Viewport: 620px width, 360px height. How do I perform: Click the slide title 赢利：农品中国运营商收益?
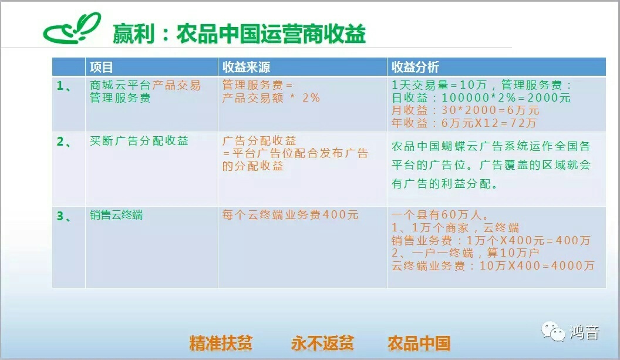239,33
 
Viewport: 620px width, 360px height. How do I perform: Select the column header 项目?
101,68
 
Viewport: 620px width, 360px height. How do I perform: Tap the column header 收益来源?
246,68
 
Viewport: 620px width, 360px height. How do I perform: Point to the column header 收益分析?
415,68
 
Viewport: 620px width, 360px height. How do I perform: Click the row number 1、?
64,86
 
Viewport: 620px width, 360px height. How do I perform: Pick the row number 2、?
64,142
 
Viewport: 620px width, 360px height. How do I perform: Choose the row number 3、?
64,216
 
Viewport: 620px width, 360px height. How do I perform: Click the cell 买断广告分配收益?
139,141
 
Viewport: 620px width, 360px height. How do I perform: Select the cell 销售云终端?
116,215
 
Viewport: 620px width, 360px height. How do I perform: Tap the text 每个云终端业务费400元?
290,215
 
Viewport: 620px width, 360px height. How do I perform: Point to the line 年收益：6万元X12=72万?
464,123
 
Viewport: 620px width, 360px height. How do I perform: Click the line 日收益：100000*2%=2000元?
481,97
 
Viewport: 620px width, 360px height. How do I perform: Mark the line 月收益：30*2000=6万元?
466,110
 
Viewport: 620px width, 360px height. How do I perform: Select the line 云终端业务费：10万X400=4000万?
493,265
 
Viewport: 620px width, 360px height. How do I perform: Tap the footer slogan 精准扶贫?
221,343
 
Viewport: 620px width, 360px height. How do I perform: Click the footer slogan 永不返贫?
322,343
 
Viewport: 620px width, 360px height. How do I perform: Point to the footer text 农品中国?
419,343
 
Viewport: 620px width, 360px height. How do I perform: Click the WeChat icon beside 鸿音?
553,331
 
